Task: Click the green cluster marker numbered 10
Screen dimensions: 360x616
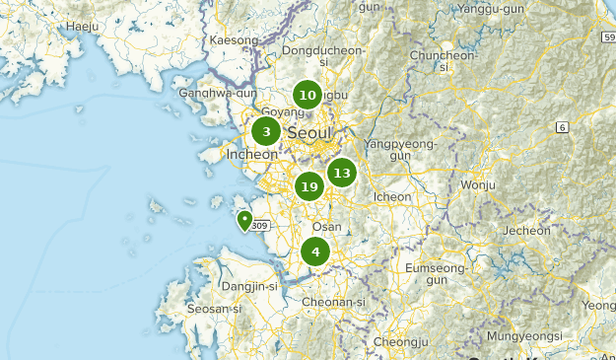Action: (308, 96)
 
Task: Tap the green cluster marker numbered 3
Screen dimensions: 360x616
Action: (266, 131)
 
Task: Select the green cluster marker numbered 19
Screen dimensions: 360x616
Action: (309, 186)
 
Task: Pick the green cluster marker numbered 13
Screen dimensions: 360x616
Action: (341, 174)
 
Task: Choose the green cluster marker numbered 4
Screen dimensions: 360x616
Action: (315, 252)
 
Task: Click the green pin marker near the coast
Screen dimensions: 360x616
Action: (244, 220)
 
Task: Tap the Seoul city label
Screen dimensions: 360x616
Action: (309, 133)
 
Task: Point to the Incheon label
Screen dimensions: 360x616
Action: (252, 155)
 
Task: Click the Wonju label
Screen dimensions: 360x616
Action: (478, 184)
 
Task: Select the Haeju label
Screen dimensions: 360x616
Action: (83, 27)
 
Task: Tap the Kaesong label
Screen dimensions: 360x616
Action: (234, 40)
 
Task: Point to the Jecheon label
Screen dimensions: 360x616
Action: (527, 231)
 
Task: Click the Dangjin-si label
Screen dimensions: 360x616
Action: (250, 286)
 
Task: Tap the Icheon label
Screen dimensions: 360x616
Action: (392, 196)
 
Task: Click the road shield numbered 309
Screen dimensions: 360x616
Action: (259, 226)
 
